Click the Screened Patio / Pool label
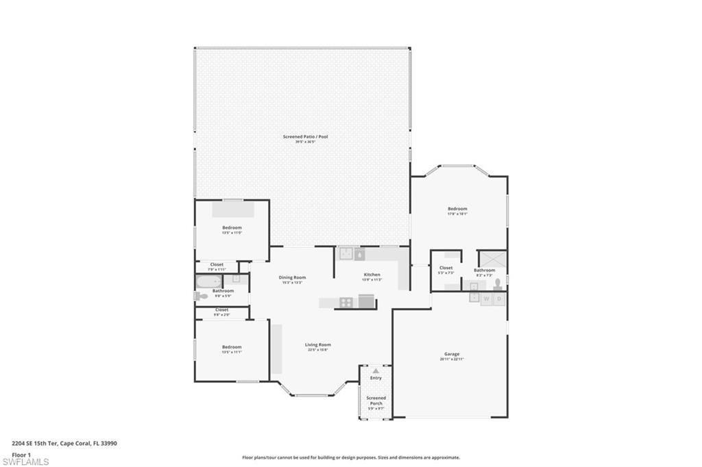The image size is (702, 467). pos(305,137)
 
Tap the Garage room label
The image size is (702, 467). pos(451,355)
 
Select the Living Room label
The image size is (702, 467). pos(317,346)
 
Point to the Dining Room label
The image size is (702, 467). pos(292,278)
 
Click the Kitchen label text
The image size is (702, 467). pos(372,275)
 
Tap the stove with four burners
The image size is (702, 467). pos(346,302)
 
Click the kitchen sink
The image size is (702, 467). pos(348,254)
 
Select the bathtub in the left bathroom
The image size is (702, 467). pos(209,281)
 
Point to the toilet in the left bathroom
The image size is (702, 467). pos(201,296)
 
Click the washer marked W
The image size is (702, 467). pos(486,299)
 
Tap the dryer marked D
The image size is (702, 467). pos(500,299)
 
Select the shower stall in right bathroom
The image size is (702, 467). pos(492,259)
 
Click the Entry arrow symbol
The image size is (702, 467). pos(376,370)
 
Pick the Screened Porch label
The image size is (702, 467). pos(376,401)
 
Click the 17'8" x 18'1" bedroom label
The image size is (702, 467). pos(457,210)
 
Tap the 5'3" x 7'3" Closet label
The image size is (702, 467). pos(446,268)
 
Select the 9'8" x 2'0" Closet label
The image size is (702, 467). pos(222,310)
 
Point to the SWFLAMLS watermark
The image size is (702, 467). pos(25,462)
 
